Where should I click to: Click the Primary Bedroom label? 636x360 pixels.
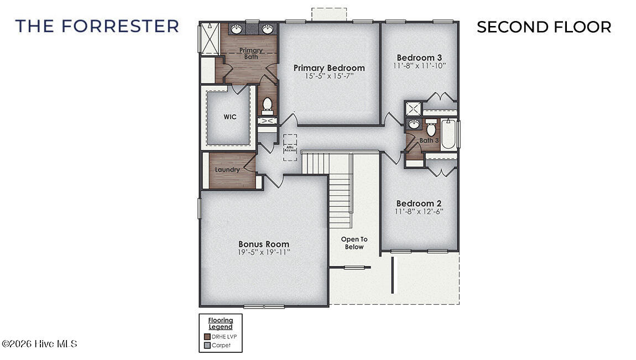point(329,68)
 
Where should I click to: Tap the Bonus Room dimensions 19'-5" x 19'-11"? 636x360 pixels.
point(264,252)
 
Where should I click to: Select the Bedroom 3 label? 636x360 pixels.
point(419,58)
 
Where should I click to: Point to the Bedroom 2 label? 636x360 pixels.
point(419,203)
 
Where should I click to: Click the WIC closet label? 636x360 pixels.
point(230,117)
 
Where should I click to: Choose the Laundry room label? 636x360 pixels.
point(227,170)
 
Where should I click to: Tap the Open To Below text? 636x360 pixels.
point(354,243)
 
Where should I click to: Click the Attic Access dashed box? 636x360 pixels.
point(290,148)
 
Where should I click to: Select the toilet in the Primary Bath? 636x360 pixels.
point(267,105)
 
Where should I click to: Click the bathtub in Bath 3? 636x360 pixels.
point(448,135)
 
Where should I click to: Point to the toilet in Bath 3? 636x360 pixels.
point(431,129)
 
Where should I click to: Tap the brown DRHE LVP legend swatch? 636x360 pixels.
point(207,336)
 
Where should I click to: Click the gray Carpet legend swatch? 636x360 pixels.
point(207,345)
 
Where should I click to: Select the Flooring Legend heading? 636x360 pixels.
point(221,324)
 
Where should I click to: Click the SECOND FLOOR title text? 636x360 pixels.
point(544,27)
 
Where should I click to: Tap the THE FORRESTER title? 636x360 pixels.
point(97,26)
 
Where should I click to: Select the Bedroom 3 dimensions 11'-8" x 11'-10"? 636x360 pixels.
point(419,65)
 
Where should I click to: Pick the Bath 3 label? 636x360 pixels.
point(429,140)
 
